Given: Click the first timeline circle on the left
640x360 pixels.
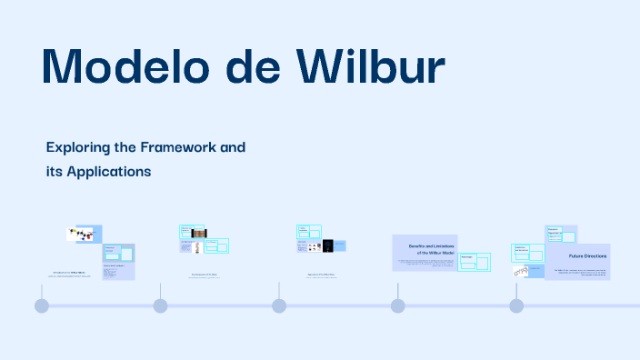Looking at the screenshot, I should [x=42, y=305].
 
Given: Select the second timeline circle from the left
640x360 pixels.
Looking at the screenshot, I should [x=160, y=305].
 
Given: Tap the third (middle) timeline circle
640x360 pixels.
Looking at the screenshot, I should [x=279, y=305].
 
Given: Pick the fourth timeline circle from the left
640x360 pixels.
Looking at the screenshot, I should [x=397, y=305].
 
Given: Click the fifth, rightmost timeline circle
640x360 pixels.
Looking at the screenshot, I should [x=516, y=305].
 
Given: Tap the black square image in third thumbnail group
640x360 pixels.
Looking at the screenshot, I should [x=328, y=246].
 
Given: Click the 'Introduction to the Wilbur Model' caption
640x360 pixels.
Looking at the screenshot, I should [x=68, y=273].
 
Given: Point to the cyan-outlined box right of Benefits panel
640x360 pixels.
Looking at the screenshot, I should [x=474, y=263].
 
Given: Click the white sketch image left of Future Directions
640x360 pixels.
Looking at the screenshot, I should [x=521, y=270].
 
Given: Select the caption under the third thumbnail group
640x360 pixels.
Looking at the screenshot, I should [x=315, y=274].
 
